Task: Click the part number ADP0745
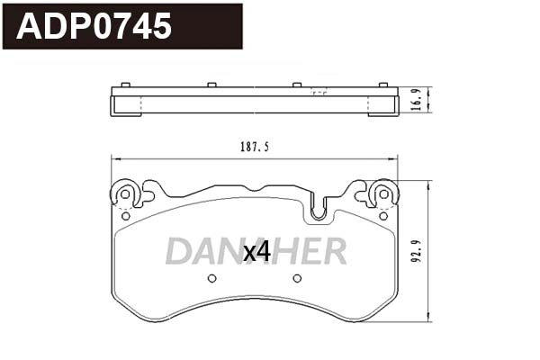click(x=95, y=27)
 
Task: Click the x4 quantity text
click(x=257, y=253)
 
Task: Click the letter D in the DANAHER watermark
click(x=180, y=252)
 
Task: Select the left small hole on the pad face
click(x=211, y=278)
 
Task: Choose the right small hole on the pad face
click(x=296, y=278)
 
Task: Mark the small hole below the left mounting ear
click(x=125, y=216)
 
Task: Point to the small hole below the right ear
click(x=383, y=216)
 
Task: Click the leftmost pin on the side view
click(x=125, y=85)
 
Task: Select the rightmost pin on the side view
click(x=382, y=85)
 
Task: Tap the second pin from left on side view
click(x=211, y=85)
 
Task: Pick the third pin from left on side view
click(x=296, y=85)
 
